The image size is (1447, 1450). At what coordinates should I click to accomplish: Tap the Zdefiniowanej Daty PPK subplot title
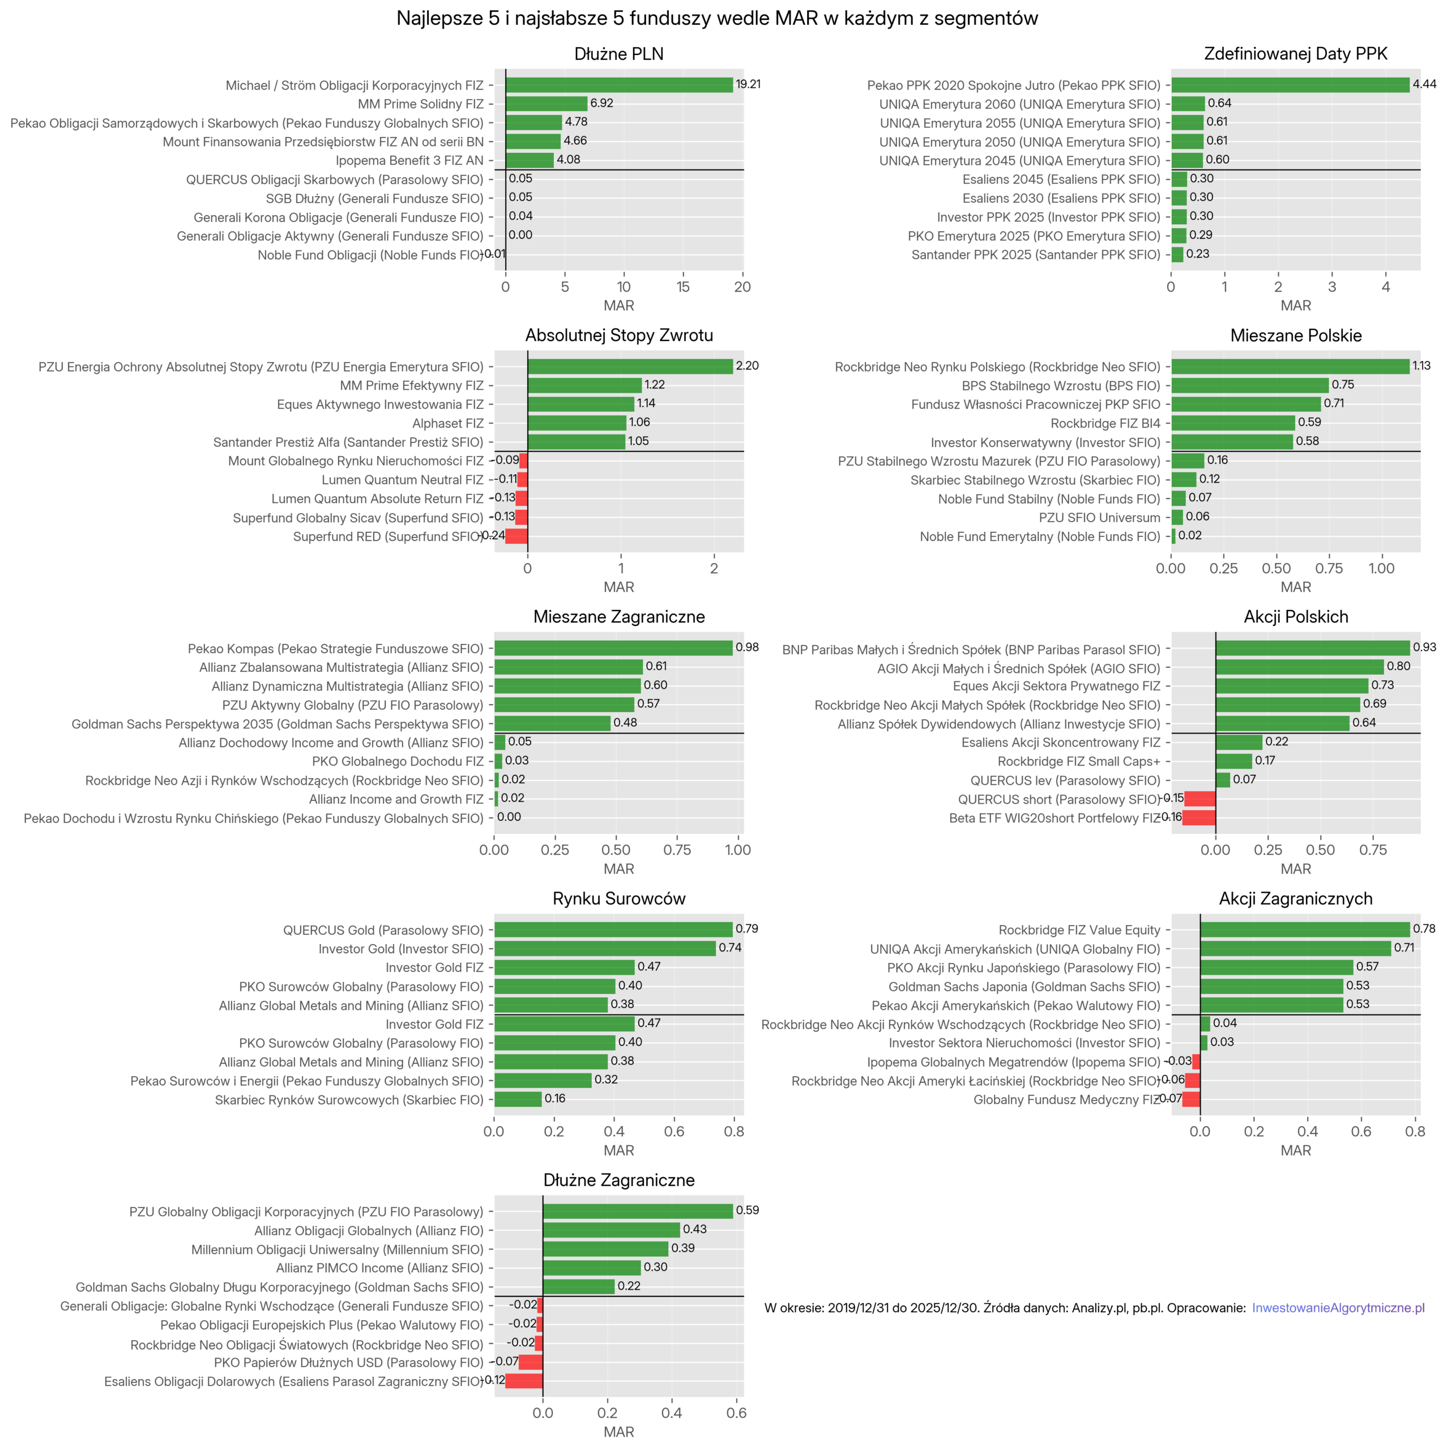pos(1295,54)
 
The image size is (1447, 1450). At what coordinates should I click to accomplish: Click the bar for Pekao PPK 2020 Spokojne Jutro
pos(1290,85)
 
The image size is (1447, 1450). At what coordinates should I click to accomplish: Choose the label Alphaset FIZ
pos(447,423)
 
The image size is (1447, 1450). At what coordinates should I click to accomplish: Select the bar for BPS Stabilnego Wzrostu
pos(1249,385)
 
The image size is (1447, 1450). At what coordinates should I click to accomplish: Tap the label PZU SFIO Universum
pos(1099,518)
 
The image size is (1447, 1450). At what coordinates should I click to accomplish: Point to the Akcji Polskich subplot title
pos(1295,617)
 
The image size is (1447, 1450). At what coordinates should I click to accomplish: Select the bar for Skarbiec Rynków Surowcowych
pos(517,1099)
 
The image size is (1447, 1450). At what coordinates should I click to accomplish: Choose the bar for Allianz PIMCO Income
pos(591,1268)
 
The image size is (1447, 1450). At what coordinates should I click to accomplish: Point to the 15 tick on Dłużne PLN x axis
pos(682,287)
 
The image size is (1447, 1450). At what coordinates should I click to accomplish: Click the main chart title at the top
pos(717,19)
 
